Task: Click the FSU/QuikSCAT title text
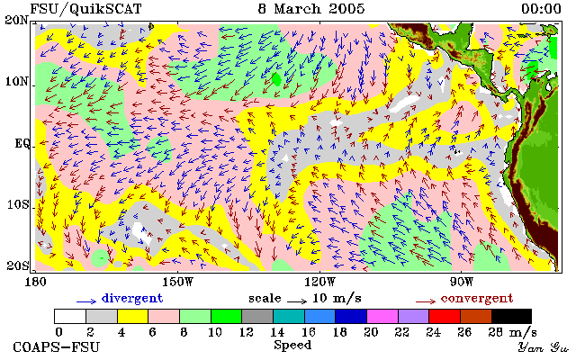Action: pos(85,9)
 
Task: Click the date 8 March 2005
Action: pos(310,9)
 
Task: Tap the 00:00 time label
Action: pos(541,9)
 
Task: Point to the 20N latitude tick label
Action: pos(17,20)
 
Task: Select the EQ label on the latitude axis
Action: pos(22,143)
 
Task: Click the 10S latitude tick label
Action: pos(17,204)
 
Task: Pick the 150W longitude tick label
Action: pos(178,282)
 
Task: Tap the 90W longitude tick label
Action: pos(462,282)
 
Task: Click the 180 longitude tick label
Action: pos(35,282)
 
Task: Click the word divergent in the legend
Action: pos(132,299)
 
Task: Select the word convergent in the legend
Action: pos(477,299)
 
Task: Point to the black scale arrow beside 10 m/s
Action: pos(297,301)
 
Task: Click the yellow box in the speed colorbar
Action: pos(132,316)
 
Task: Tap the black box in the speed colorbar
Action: pos(511,316)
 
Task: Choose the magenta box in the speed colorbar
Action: pos(382,316)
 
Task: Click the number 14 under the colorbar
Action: pos(277,331)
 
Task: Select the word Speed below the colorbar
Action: pos(292,345)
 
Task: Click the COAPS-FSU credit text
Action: pos(57,347)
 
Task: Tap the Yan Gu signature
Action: pos(544,347)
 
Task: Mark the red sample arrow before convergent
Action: pos(426,301)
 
